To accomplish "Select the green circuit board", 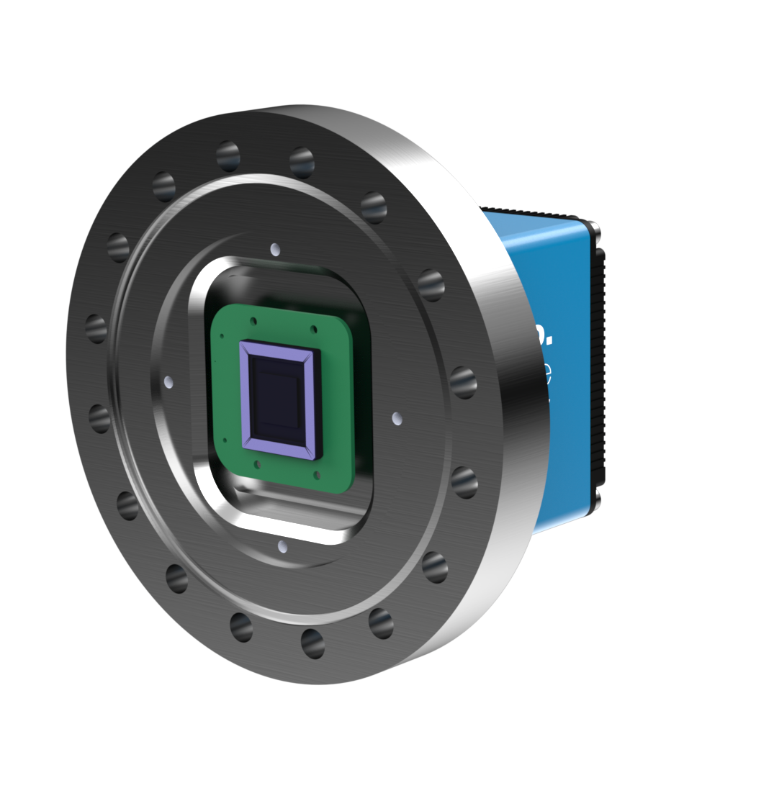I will tap(338, 403).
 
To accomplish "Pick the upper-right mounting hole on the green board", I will tap(314, 330).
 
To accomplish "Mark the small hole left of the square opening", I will tap(168, 381).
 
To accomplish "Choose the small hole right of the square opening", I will tap(397, 418).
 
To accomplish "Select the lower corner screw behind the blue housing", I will tap(597, 497).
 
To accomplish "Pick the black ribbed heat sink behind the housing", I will tap(602, 360).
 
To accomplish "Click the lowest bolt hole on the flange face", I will tap(312, 643).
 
